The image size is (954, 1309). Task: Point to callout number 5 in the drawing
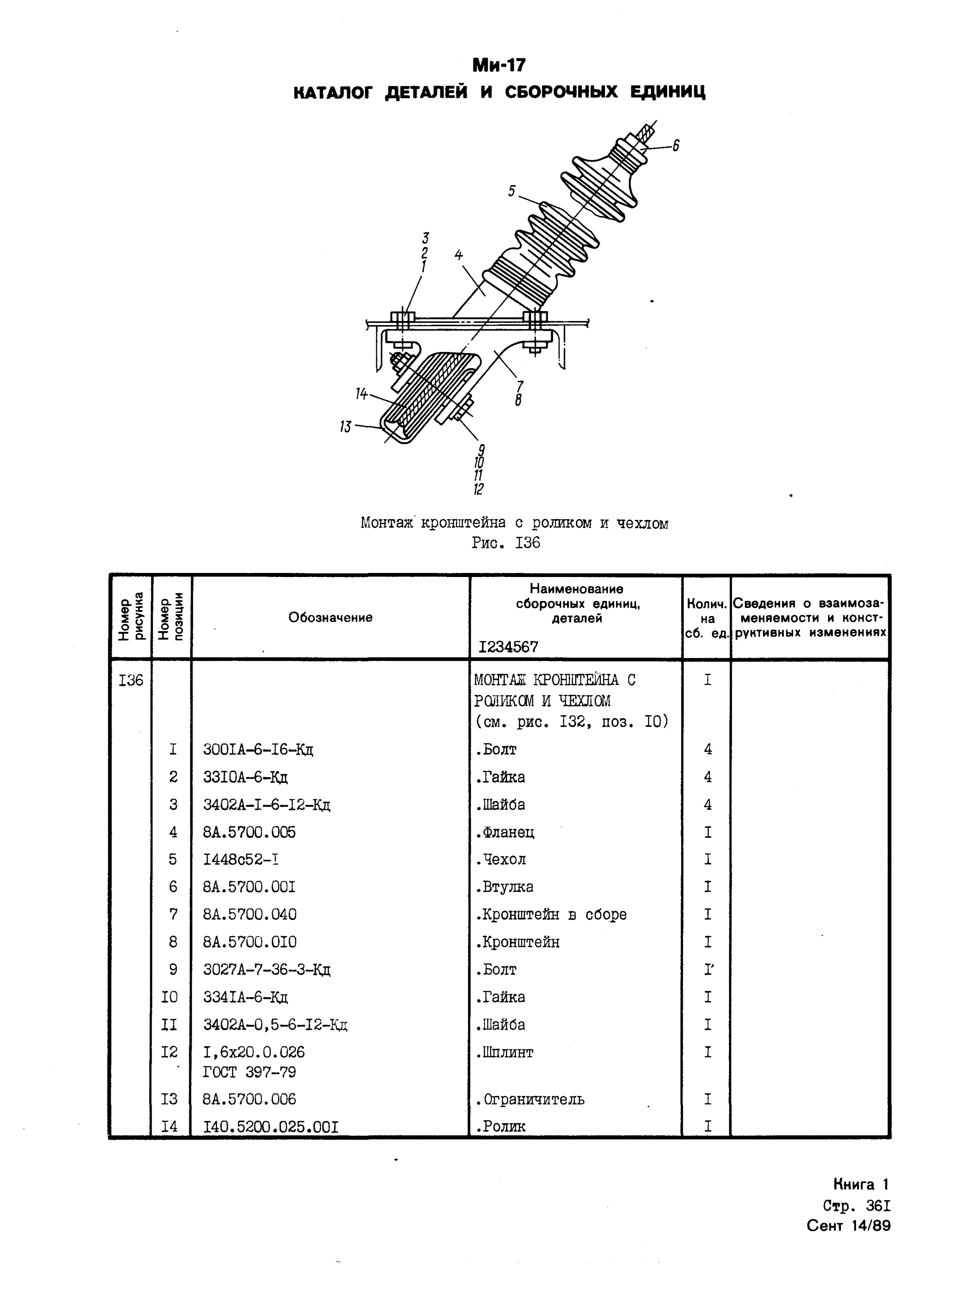coord(512,191)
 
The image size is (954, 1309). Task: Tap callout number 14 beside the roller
coord(361,394)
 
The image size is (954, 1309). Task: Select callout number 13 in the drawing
coord(345,427)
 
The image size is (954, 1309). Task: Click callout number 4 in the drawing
coord(459,255)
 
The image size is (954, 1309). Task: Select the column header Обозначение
coord(330,617)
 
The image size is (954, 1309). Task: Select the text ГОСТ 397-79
coord(250,1072)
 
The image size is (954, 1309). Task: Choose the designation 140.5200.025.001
coord(270,1126)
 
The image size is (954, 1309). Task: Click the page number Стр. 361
coord(856,1206)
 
